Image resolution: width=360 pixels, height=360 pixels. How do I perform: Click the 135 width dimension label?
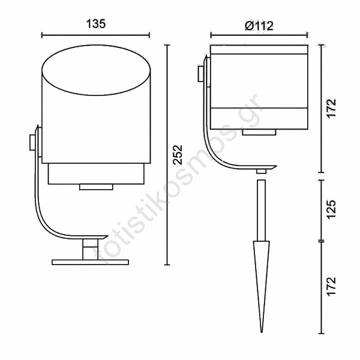tap(96, 23)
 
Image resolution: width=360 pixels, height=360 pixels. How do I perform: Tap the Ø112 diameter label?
tap(259, 26)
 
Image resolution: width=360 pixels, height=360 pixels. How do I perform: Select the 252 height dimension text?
tap(177, 155)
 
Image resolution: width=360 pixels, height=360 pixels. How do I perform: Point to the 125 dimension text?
tap(331, 210)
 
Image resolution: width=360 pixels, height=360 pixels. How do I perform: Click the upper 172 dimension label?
tap(331, 109)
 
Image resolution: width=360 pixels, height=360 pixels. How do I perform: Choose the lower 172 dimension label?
tap(331, 287)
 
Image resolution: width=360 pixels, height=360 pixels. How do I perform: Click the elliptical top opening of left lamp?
tap(96, 70)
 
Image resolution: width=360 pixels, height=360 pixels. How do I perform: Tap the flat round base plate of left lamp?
tap(90, 262)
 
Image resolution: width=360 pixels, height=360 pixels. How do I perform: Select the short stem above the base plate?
tap(90, 250)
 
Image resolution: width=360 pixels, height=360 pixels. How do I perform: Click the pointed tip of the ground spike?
tap(261, 332)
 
